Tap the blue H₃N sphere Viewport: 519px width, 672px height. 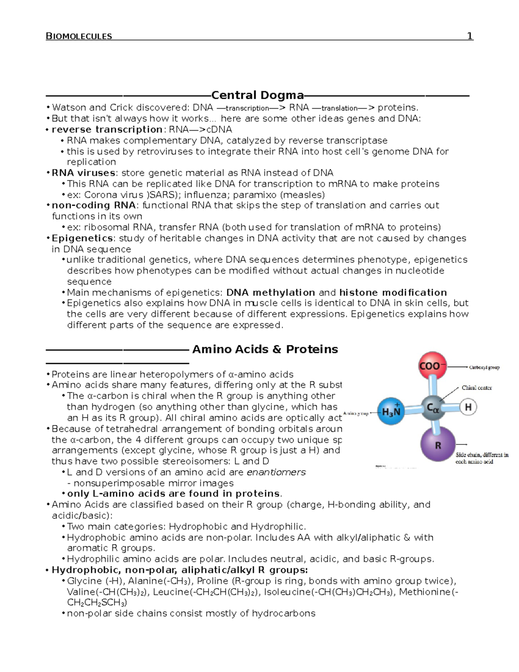[391, 412]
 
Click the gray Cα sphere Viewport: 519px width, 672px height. [434, 407]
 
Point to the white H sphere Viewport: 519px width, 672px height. [468, 407]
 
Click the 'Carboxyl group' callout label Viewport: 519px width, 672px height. [484, 367]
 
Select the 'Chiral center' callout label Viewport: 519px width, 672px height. [477, 388]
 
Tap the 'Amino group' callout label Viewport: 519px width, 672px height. [356, 413]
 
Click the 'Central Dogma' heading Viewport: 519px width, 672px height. [257, 95]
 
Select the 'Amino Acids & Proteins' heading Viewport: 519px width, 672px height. [265, 349]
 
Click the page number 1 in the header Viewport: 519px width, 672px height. [470, 36]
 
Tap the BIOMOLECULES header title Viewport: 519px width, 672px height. [79, 36]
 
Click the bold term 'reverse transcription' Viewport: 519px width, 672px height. [107, 129]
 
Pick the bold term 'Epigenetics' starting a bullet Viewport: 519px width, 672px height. [82, 238]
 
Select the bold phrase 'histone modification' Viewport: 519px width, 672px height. [393, 293]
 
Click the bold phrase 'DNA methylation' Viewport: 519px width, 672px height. [271, 293]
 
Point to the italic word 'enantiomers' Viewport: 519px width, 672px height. [276, 472]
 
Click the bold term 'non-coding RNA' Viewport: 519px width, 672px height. [93, 205]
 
